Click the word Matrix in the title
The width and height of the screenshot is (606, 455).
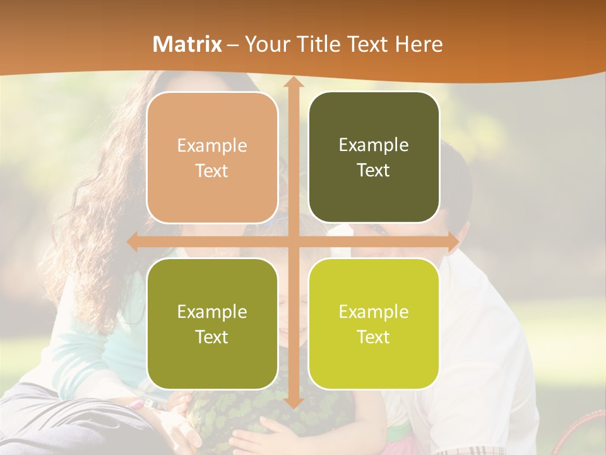(x=187, y=44)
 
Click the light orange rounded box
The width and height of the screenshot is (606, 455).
(x=212, y=158)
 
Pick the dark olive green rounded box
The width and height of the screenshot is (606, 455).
(x=374, y=157)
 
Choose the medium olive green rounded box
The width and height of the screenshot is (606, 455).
(x=212, y=324)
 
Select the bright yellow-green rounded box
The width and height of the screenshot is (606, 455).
(x=374, y=324)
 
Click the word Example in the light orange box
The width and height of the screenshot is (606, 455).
(x=212, y=146)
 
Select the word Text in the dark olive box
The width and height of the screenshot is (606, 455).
(x=374, y=171)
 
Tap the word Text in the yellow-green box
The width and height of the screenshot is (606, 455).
(x=374, y=337)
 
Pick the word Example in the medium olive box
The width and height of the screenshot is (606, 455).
(x=212, y=312)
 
